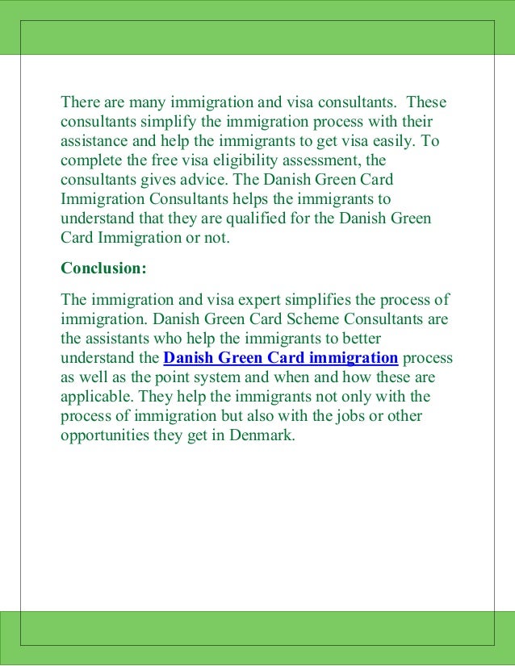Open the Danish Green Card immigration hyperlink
(280, 358)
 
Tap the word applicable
(98, 397)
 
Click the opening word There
(81, 102)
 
